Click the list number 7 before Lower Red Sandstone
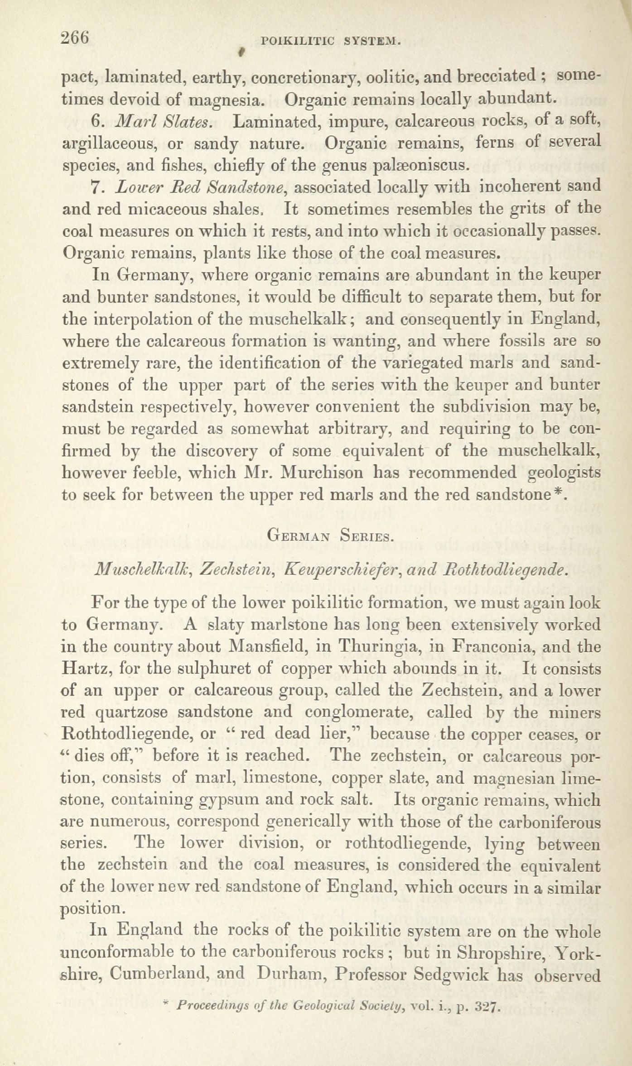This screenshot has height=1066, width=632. (95, 187)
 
